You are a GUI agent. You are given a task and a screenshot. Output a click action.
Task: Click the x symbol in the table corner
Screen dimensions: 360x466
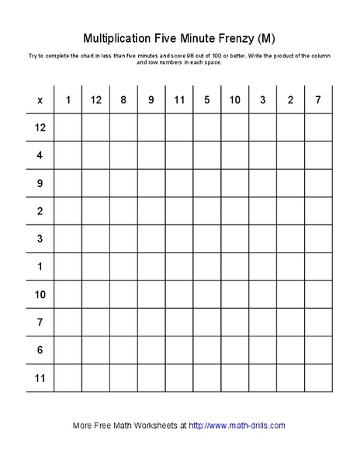(40, 100)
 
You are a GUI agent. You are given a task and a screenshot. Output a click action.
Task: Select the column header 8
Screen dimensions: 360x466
(123, 100)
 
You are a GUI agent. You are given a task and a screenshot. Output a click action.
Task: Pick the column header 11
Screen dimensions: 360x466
(179, 100)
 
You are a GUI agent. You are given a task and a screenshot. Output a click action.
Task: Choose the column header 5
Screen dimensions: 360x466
(207, 100)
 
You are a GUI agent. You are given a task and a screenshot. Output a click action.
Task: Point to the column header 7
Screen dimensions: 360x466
(318, 100)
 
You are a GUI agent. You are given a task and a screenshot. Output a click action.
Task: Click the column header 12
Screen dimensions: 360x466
(96, 100)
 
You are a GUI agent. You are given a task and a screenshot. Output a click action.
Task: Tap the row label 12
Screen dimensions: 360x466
(40, 127)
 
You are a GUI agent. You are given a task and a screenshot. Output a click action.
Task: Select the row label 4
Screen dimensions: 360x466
(40, 155)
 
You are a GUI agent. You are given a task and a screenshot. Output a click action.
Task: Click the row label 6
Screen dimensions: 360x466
(40, 350)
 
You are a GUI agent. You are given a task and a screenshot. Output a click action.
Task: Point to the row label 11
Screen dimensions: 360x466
(40, 378)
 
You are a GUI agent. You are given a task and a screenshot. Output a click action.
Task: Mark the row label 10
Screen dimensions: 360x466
(40, 295)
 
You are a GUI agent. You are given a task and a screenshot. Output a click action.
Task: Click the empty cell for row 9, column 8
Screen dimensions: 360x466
(123, 183)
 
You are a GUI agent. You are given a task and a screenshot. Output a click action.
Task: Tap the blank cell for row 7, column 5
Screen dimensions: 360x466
(207, 322)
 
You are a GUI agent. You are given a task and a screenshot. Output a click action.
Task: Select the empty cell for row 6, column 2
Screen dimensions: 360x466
(291, 350)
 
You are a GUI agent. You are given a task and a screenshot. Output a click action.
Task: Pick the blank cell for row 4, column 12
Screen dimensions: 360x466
(96, 155)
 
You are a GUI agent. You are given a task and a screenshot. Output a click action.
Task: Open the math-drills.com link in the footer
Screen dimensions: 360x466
(237, 426)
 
